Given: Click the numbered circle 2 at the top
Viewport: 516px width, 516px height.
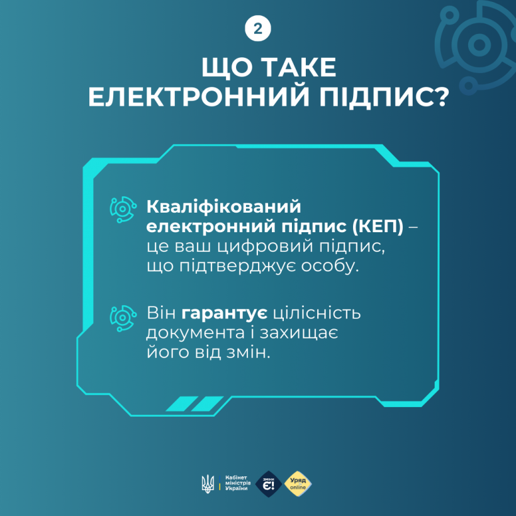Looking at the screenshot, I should pos(257,29).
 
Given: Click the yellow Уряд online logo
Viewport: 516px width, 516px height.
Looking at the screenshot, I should pos(298,483).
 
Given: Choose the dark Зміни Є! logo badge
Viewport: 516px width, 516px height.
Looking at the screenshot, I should pos(269,483).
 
